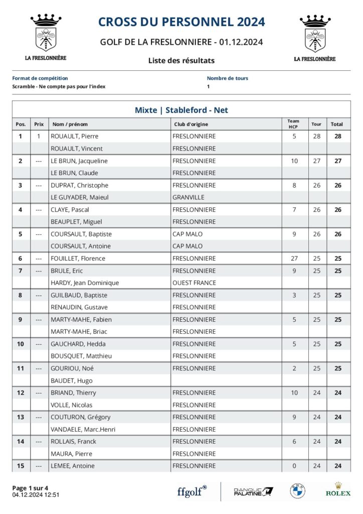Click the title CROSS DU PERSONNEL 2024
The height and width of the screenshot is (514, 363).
(x=181, y=22)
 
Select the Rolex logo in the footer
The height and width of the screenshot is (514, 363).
(x=338, y=489)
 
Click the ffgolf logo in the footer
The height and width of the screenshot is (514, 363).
(x=192, y=491)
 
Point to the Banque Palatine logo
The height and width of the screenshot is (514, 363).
(x=254, y=491)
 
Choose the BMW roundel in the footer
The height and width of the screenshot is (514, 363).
(x=297, y=491)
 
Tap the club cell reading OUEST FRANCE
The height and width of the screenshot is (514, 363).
(x=194, y=283)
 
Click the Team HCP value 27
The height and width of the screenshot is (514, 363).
(x=294, y=259)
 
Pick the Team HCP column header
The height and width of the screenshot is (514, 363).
(x=294, y=123)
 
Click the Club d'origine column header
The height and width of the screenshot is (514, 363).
(x=191, y=124)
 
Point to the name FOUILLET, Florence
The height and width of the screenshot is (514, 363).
(x=78, y=259)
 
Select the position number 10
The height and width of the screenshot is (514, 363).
(x=21, y=344)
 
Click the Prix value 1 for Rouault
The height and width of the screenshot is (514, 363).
(x=39, y=136)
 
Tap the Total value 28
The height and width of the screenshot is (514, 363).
(x=338, y=136)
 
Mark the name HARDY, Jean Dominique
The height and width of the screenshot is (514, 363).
(x=85, y=283)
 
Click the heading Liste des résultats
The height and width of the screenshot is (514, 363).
(x=181, y=60)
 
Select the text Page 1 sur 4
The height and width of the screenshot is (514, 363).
(x=30, y=488)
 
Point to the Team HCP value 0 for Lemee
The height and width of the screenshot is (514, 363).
(x=294, y=466)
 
